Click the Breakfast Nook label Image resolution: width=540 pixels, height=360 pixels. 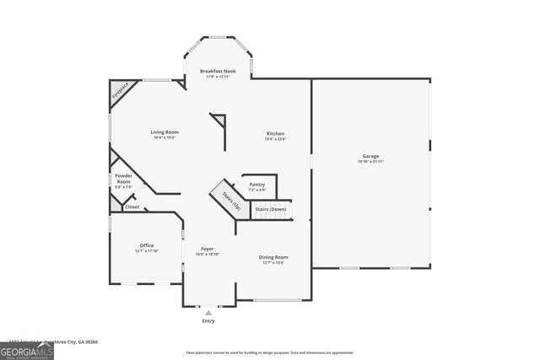pos(217,71)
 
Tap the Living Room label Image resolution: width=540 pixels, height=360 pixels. pos(165,132)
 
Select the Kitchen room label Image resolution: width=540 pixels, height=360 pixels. pos(275,134)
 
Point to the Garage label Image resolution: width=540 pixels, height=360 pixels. pos(370,156)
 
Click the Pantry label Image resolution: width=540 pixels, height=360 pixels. pos(257,184)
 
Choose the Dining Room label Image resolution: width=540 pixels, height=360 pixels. pos(274,257)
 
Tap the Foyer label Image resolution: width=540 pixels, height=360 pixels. pos(207,249)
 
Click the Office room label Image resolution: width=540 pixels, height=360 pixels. pos(146,245)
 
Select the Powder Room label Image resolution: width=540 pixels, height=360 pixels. pos(123,179)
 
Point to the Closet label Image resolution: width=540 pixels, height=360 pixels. pos(132,207)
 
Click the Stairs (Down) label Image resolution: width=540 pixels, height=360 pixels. pos(271,208)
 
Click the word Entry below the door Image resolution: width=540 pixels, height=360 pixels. pos(208,321)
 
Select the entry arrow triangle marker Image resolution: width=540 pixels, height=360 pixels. pos(208,313)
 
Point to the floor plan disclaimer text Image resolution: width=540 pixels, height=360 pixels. pos(269,352)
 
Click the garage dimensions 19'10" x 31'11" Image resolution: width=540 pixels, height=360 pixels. pos(370,161)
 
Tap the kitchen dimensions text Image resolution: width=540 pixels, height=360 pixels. pos(275,139)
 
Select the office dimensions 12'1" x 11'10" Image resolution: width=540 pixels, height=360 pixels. pos(146,251)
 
